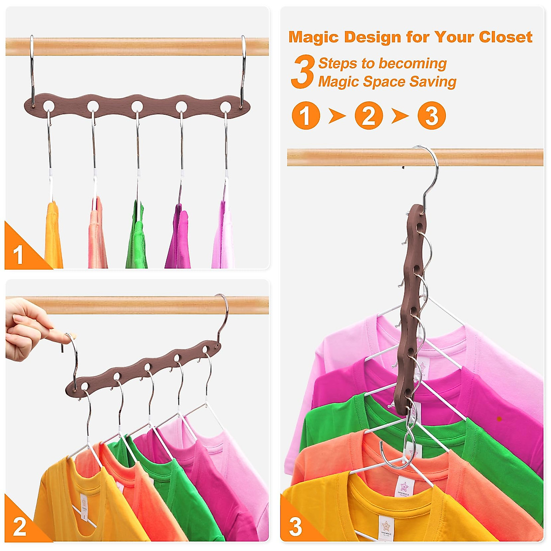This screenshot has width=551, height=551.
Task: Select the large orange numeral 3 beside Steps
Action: tap(303, 72)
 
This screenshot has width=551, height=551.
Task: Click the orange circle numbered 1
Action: tap(306, 116)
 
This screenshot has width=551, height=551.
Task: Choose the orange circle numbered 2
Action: tap(369, 116)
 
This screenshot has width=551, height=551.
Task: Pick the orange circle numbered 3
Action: tap(432, 116)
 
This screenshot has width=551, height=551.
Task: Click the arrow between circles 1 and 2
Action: tap(337, 116)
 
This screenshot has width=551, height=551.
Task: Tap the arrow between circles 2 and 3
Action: tap(400, 116)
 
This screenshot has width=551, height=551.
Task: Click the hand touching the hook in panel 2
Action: tap(28, 328)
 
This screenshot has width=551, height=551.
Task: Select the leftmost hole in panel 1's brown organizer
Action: tap(48, 107)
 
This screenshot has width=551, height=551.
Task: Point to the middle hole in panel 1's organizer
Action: tap(137, 107)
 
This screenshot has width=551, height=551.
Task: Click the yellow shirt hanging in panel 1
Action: tap(53, 236)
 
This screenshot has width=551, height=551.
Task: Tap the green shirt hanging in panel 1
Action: tap(137, 236)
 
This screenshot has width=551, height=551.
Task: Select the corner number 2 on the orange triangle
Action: tap(19, 527)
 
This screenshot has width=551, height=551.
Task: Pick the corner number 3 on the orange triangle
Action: tap(295, 527)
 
